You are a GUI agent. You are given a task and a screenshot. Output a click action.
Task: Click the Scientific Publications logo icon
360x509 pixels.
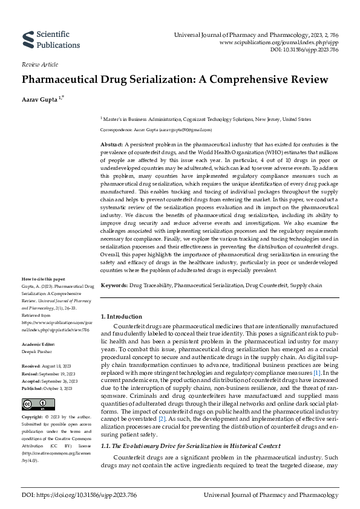click(x=27, y=40)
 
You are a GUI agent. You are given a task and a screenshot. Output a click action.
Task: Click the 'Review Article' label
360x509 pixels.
click(x=40, y=63)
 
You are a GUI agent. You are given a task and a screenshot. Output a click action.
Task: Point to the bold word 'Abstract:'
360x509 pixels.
click(x=111, y=145)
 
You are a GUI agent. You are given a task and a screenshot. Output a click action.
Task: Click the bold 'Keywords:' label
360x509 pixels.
click(x=114, y=284)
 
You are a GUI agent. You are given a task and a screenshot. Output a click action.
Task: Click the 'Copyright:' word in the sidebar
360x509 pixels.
click(x=32, y=417)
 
